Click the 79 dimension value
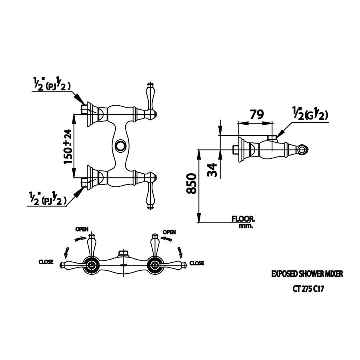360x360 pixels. pyautogui.click(x=257, y=114)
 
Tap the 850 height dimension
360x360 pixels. pyautogui.click(x=192, y=184)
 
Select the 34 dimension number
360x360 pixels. pyautogui.click(x=212, y=170)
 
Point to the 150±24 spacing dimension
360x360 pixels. pyautogui.click(x=68, y=147)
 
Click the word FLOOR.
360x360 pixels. pyautogui.click(x=243, y=218)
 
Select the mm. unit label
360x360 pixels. pyautogui.click(x=246, y=226)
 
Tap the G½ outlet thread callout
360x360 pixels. pyautogui.click(x=310, y=114)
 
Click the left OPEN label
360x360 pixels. pyautogui.click(x=82, y=229)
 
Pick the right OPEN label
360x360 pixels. pyautogui.click(x=169, y=232)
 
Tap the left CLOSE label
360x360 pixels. pyautogui.click(x=46, y=262)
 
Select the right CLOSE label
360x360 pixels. pyautogui.click(x=196, y=263)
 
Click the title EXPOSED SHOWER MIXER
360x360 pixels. pyautogui.click(x=307, y=274)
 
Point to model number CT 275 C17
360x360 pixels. pyautogui.click(x=308, y=289)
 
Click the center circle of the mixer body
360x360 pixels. pyautogui.click(x=120, y=145)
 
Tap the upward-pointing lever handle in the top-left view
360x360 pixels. pyautogui.click(x=150, y=96)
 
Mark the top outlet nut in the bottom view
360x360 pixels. pyautogui.click(x=123, y=253)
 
